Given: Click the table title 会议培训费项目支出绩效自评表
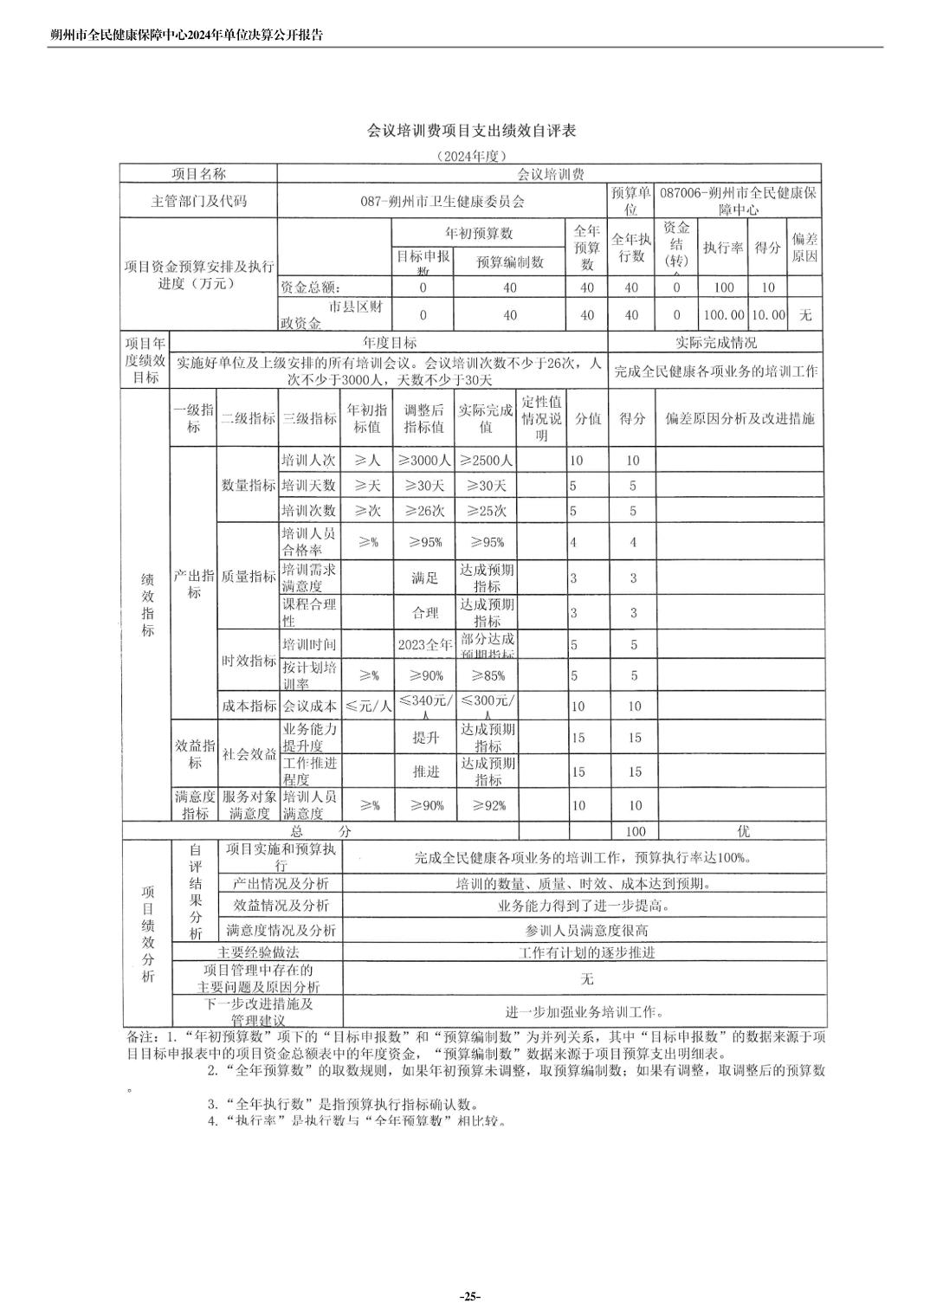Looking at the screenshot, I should pos(472,131).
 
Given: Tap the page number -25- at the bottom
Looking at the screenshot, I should pos(469,1296).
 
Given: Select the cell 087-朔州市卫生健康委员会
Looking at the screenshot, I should pos(442,201).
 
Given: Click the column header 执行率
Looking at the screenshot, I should pos(723,248).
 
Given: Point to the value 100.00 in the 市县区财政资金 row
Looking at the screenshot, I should pos(723,316).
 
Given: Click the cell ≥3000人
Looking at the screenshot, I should pos(424,461).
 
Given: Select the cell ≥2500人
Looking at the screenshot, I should pos(487,461).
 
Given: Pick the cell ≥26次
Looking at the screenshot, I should pos(424,511).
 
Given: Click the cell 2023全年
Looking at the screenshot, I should pos(424,644).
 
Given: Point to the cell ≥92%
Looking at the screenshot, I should pos(487,805).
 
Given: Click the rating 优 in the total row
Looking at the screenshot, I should pos(743,831).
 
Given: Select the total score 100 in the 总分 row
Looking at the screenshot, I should pos(635,831).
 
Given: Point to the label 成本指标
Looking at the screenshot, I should pos(249,706).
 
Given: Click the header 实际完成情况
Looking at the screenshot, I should pos(715,343).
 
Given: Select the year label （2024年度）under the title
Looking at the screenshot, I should pos(470,156).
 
